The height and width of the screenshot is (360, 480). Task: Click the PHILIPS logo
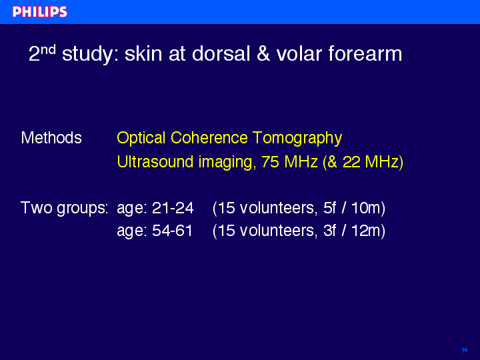40,11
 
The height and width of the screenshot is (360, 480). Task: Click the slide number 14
465,350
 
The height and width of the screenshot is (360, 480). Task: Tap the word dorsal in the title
221,53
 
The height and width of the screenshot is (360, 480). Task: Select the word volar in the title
299,53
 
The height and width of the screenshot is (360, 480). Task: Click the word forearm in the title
365,53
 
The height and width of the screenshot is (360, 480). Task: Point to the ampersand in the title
263,53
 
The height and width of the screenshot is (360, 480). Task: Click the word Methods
51,138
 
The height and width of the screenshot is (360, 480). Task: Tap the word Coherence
209,138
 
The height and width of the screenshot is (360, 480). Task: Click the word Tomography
297,139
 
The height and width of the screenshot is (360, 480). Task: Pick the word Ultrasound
155,161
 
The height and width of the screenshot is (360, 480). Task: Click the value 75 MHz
289,161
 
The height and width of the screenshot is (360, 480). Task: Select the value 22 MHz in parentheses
371,161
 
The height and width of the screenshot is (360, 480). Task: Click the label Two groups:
64,208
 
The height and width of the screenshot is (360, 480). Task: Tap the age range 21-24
173,208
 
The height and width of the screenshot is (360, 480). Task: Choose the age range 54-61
173,231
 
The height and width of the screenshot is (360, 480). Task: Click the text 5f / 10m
352,208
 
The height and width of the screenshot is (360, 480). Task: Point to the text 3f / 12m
352,231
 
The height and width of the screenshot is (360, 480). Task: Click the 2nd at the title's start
42,53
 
